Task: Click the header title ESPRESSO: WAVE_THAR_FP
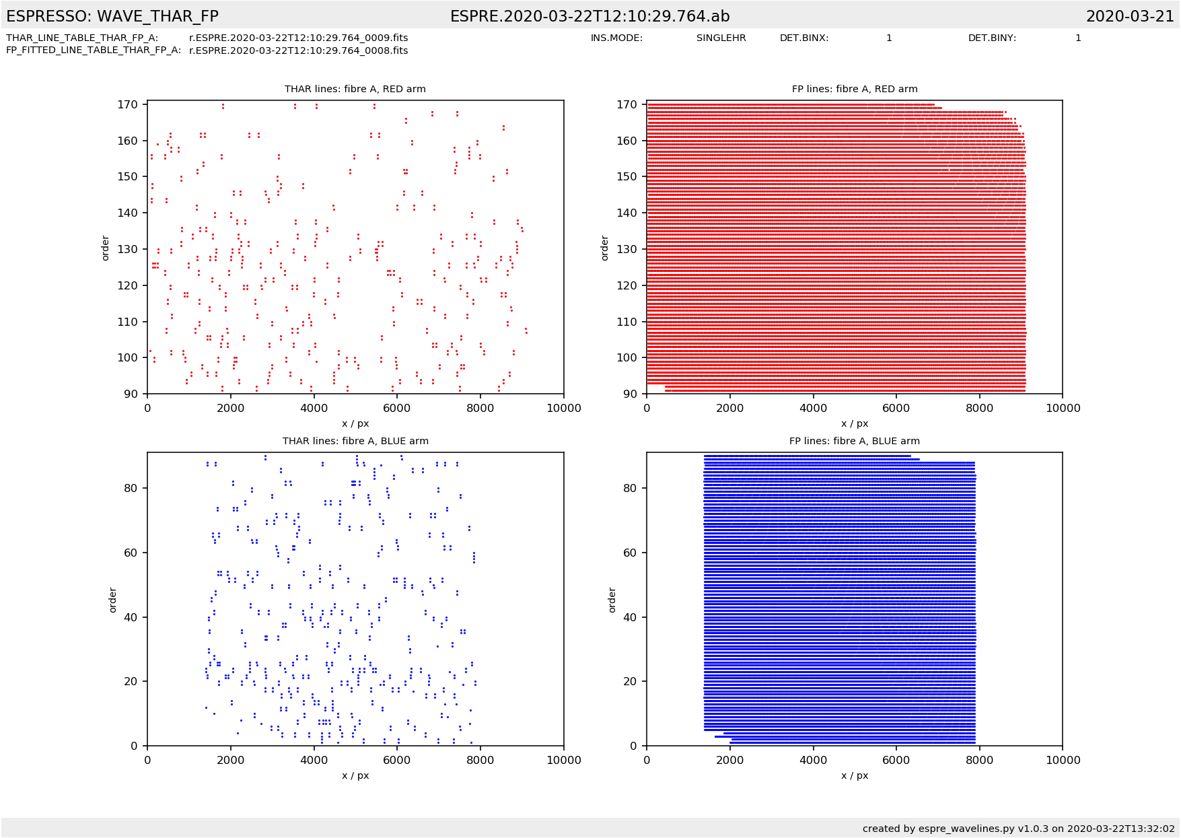tap(112, 16)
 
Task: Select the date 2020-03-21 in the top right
tap(1130, 16)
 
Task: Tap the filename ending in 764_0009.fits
tap(298, 38)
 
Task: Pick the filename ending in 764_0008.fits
tap(298, 50)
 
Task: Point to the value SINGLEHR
tap(721, 38)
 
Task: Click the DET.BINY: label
tap(992, 38)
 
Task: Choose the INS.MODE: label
tap(616, 38)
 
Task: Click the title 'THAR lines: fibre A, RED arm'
tap(355, 89)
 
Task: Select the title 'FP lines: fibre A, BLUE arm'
tap(854, 441)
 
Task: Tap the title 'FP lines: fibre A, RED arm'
tap(854, 89)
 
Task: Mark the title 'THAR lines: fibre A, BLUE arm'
tap(355, 441)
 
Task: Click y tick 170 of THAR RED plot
tap(128, 104)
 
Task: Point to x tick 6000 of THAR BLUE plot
tap(397, 760)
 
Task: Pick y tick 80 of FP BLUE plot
tap(630, 488)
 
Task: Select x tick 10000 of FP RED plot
tap(1063, 408)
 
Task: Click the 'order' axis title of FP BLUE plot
tap(612, 600)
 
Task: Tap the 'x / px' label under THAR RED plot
tap(355, 423)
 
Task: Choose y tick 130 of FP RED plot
tap(627, 249)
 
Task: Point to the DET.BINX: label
tap(804, 38)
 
